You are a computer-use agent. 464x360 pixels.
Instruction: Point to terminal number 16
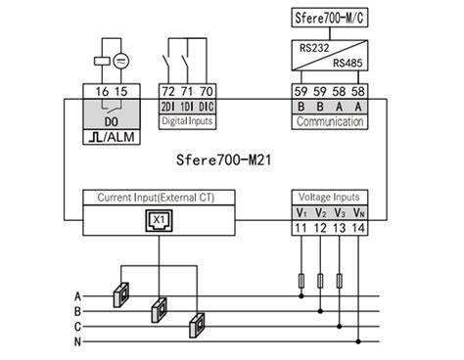coord(103,91)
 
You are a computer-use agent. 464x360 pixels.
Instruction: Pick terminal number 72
coord(168,91)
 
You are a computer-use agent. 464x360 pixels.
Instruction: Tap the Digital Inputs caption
coord(187,120)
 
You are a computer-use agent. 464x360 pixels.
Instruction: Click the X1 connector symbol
coord(158,220)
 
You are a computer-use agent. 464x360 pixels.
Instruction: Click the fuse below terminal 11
coord(301,282)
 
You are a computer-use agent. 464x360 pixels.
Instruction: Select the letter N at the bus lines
coord(77,341)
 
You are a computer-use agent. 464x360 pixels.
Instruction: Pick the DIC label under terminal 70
coord(206,106)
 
